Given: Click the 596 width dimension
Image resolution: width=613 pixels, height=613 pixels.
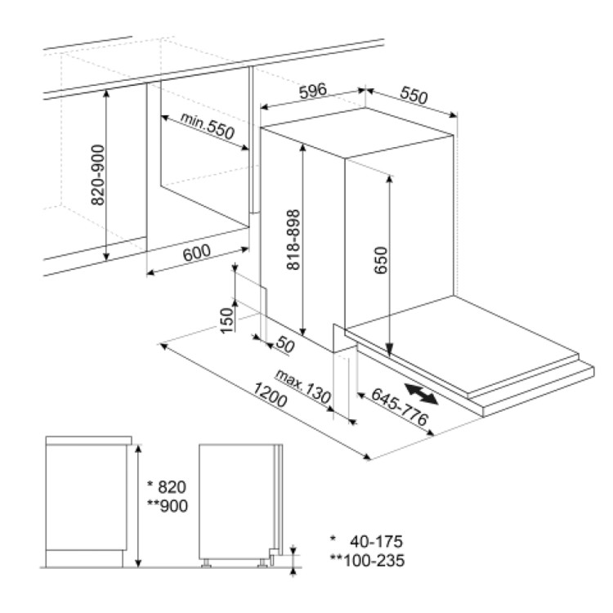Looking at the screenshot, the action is pos(312,91).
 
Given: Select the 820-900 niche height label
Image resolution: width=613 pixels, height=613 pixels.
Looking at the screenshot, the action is pos(98,175).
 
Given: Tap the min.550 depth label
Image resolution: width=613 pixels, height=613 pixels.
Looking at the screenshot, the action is pos(208,126).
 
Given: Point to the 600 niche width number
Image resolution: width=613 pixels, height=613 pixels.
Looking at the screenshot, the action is pos(197,253).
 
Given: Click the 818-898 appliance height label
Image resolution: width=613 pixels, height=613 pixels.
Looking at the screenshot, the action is pos(293,239).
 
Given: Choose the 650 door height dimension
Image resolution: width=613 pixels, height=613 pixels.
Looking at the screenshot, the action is pos(380,261).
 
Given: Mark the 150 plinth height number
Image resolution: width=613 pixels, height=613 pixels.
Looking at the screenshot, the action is pos(226,320).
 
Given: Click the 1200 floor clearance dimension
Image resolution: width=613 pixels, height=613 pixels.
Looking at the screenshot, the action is pos(271,395).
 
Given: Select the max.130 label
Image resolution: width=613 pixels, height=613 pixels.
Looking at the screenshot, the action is pos(303,387).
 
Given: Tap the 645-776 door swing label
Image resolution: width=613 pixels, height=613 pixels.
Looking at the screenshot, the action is pos(400,406).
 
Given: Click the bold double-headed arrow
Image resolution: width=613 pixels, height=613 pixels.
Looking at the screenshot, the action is pos(422,394).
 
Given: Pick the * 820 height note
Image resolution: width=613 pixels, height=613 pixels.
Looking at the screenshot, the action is pos(167,487).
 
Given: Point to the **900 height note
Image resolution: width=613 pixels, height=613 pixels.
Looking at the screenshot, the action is pos(168,506).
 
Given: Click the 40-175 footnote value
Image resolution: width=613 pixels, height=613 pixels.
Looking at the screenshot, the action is pos(376,541).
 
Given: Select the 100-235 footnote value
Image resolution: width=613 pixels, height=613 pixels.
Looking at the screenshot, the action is pos(374,560).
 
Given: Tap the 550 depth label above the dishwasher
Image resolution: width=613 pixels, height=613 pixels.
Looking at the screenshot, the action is pos(414,96).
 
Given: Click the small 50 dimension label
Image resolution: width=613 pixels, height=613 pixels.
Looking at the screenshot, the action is pos(285,344).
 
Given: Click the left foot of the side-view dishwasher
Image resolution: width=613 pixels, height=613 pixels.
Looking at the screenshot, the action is pos(206,563).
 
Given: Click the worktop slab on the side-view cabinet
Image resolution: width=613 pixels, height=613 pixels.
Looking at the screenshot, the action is pos(89,441).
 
